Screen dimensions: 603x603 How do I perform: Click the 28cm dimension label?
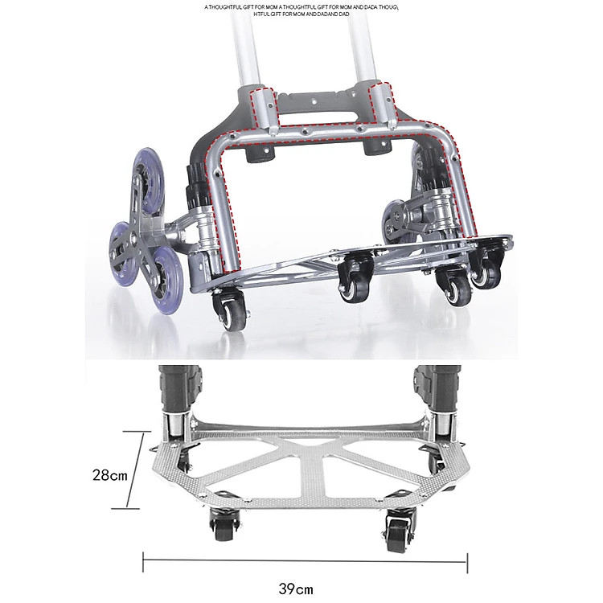click(x=109, y=475)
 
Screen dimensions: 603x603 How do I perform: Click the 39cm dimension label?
click(x=296, y=589)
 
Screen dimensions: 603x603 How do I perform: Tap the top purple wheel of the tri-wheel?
click(x=148, y=179)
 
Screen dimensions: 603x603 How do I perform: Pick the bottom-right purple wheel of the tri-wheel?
click(x=168, y=280)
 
